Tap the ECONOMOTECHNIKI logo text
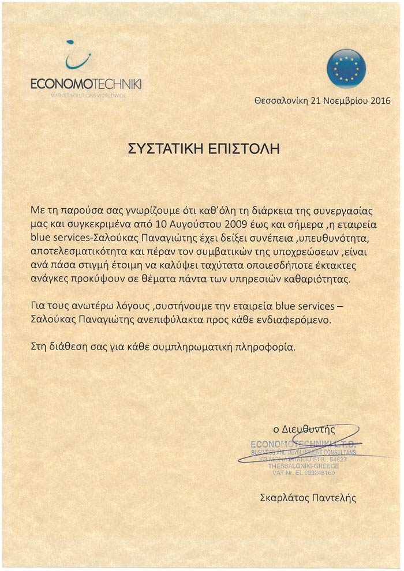pos(87,85)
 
